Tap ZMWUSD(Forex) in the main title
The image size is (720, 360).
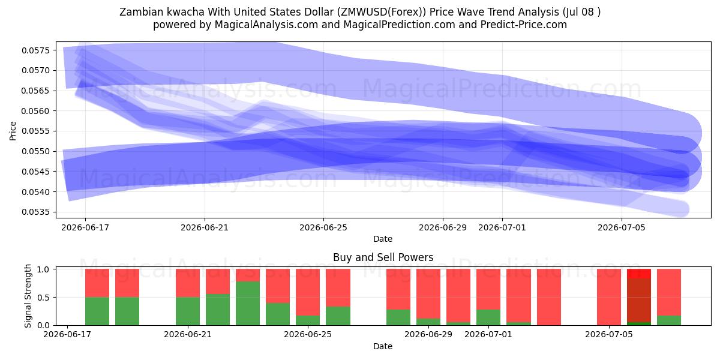click(383, 12)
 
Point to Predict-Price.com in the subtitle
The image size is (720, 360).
click(524, 25)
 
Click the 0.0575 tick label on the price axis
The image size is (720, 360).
click(35, 50)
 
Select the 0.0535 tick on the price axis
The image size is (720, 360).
click(35, 212)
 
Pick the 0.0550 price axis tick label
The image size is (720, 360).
click(35, 151)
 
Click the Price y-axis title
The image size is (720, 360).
click(13, 131)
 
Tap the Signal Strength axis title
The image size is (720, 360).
click(28, 296)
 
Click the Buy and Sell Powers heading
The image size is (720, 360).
click(383, 257)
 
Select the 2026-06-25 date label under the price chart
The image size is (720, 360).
click(323, 227)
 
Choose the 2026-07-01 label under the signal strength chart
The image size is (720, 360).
click(488, 334)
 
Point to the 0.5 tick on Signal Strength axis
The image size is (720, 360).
click(43, 298)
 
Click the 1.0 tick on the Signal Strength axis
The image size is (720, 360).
click(43, 269)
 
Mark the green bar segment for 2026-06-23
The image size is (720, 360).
click(248, 304)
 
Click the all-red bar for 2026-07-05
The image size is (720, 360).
click(609, 297)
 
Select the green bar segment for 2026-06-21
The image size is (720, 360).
click(188, 311)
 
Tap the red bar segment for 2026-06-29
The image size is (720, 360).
click(428, 294)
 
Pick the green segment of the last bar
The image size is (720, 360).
click(669, 320)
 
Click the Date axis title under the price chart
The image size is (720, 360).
click(383, 239)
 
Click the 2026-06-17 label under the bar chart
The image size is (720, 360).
click(67, 334)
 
